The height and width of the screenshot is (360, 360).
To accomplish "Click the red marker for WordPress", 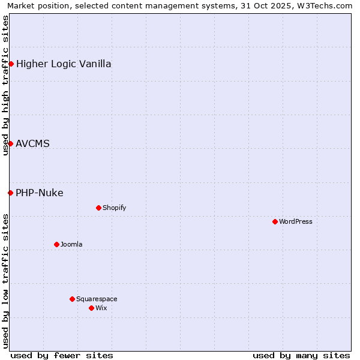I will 275,221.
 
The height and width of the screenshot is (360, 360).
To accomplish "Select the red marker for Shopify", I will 98,208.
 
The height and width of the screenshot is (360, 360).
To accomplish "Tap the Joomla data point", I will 56,244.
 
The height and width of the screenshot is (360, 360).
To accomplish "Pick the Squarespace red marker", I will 72,299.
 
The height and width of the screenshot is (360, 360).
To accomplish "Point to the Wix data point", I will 91,308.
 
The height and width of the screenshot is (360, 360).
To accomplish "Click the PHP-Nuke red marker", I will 10,193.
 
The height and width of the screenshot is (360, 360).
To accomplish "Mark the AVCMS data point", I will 10,143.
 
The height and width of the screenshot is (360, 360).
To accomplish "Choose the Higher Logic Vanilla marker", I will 11,64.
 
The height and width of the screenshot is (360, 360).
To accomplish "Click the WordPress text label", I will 296,221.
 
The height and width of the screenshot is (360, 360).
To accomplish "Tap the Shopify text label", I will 114,208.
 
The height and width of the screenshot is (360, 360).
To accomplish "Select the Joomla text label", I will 71,244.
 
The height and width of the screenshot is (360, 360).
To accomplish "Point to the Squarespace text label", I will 97,299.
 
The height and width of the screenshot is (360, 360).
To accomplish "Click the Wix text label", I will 101,308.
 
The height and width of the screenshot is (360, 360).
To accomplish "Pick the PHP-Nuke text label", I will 40,193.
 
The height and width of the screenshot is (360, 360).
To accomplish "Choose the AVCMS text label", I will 33,143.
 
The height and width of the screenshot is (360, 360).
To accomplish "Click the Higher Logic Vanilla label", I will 64,64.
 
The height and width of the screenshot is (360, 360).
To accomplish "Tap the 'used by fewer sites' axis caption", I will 62,355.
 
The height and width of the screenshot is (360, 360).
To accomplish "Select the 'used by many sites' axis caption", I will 301,355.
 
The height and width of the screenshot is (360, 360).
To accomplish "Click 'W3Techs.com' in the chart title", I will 326,6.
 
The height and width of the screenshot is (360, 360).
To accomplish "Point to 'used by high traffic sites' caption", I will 5,85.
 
